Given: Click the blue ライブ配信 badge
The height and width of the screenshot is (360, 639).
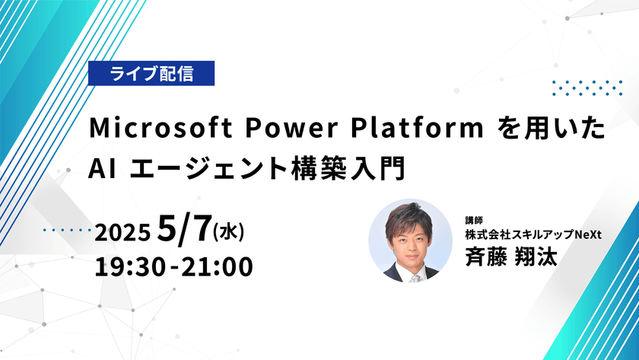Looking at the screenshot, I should pos(151,74).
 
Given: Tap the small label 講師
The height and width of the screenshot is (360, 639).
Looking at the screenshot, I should pos(475,221).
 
